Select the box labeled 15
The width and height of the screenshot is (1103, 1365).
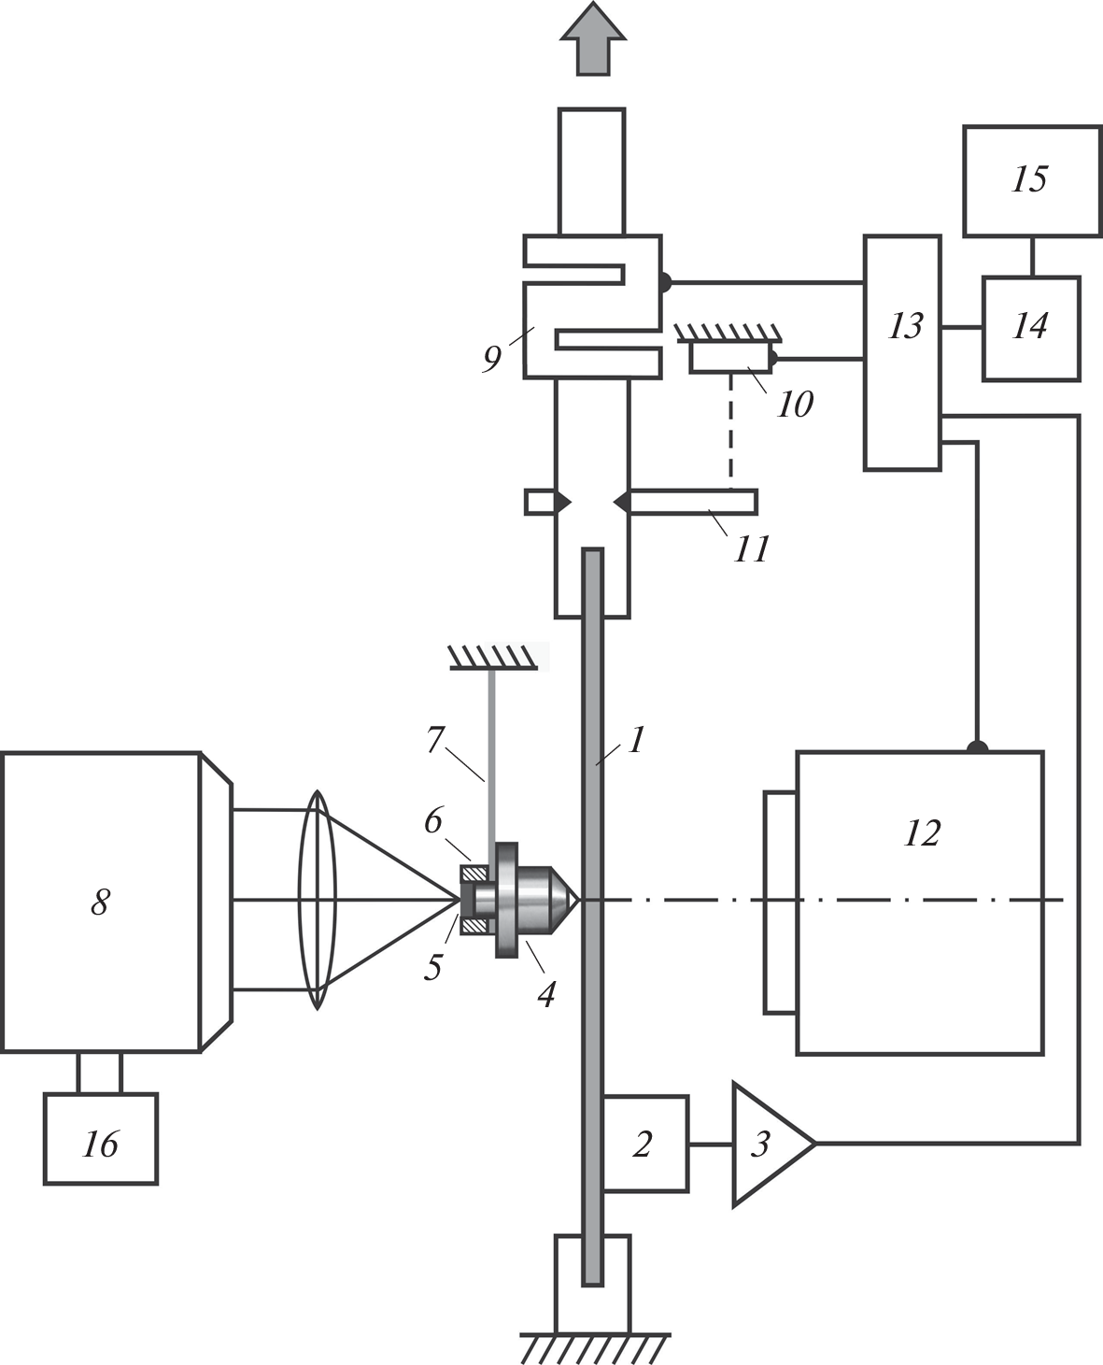[1031, 180]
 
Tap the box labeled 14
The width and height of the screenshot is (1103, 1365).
[1030, 327]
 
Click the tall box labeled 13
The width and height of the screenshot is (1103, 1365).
[902, 351]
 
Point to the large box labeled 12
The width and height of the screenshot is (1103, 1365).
[920, 903]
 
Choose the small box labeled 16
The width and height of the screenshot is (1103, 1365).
[101, 1140]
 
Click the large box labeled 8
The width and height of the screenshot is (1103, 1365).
[101, 902]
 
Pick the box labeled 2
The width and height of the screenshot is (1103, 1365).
[645, 1143]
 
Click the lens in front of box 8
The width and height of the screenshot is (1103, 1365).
[317, 900]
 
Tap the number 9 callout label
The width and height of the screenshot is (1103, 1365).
[492, 358]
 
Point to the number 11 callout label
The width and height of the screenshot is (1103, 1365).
[752, 548]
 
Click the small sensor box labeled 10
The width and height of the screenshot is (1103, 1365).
[729, 357]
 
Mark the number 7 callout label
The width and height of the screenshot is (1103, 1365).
[433, 740]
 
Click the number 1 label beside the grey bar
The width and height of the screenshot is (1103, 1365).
[636, 740]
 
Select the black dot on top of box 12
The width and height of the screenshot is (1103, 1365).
[976, 747]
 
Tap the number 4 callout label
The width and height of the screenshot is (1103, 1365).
[545, 994]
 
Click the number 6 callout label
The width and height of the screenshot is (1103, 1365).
[432, 820]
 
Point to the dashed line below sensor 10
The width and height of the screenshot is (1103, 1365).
[730, 431]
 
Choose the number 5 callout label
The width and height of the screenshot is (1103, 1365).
[432, 967]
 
